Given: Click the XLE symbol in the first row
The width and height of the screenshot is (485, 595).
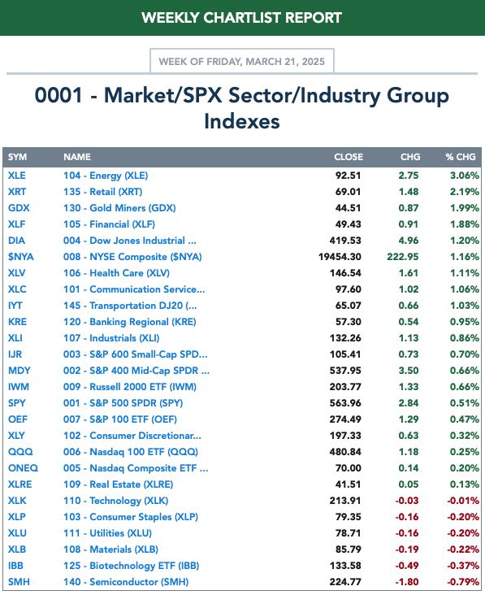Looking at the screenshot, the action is pos(17,176).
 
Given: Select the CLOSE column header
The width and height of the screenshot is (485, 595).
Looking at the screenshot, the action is pos(349,157).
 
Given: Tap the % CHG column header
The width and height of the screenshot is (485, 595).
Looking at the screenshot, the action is pos(461,157).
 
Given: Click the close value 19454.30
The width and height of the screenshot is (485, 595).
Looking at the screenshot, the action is pos(340,257).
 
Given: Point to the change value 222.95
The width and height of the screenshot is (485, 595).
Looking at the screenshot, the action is pos(403,257).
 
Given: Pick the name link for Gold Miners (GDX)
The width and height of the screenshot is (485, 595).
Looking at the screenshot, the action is pos(119,208).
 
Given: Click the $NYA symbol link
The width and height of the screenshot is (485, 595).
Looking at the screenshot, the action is pos(21,257).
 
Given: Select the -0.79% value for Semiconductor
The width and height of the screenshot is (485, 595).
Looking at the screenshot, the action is pos(463,582).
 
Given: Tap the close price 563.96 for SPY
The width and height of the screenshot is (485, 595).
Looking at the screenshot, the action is pos(345,403).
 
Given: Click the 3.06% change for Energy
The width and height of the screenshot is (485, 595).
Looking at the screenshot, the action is pos(465,176).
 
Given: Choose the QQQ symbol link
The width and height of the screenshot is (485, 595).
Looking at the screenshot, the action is pos(20,452).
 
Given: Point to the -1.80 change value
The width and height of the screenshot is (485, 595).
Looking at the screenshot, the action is pos(407,582).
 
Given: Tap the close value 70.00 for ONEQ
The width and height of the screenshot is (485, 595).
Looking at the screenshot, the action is pos(348,468).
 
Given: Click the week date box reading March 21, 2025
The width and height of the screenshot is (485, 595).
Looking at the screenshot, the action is pos(242,61).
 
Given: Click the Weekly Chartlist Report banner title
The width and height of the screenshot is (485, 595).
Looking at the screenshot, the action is pos(242,18).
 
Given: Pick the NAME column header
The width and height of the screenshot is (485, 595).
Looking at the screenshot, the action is pos(77,157).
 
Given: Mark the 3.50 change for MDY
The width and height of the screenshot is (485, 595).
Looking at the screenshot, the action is pos(409,371).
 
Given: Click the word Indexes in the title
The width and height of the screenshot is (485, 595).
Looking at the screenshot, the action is pos(242,121).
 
